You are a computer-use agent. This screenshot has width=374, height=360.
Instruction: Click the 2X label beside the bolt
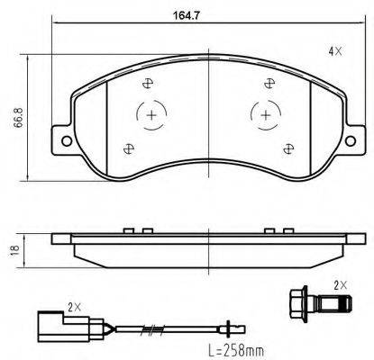coord(340,284)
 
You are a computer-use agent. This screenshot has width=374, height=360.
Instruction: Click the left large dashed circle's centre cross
coord(152,116)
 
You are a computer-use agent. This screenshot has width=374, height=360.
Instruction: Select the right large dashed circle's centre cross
coord(264,116)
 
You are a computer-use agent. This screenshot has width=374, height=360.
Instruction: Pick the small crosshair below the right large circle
coord(288,148)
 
